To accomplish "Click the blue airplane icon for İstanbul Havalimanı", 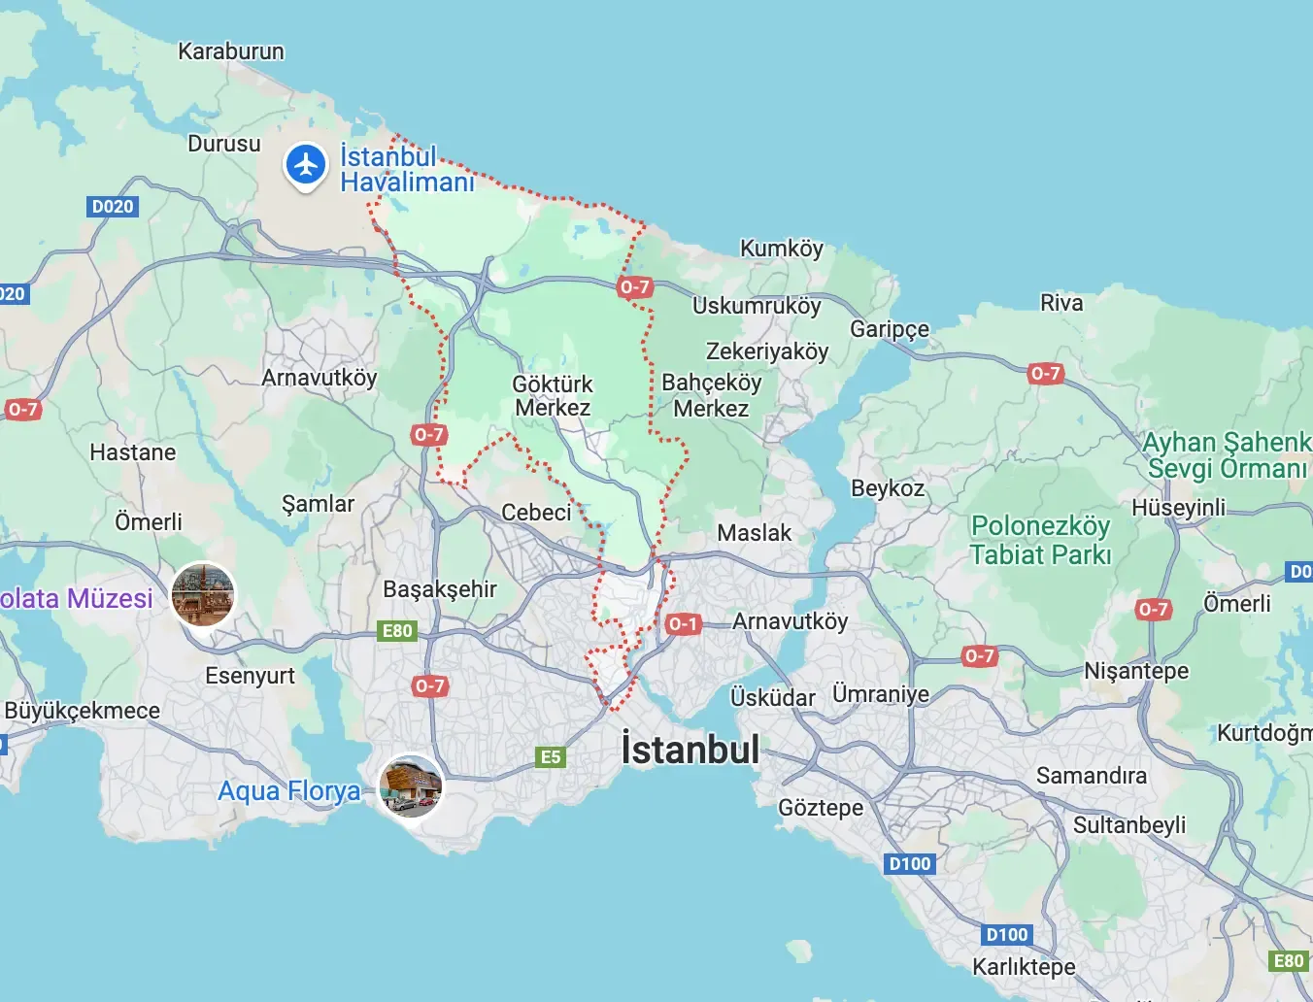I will (306, 165).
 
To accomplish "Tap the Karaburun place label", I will (231, 51).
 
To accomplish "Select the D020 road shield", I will (113, 206).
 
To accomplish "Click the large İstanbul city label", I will (690, 750).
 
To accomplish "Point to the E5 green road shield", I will (551, 756).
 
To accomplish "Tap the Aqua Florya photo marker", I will (411, 785).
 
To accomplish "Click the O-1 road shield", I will (683, 623).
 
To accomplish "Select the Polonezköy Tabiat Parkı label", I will (1040, 541).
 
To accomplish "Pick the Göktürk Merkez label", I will (553, 396).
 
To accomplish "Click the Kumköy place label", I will (782, 249).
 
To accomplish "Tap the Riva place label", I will (1061, 303).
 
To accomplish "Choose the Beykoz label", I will (888, 488).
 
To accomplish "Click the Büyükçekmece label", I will (83, 711).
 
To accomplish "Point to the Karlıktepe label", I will (1025, 967).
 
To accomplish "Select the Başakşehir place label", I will (440, 589).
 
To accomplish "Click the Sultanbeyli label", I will (1129, 825).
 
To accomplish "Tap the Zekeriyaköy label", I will (767, 351).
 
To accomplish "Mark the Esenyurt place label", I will (250, 676).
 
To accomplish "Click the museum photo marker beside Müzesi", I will (203, 594).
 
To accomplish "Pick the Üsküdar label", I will (773, 698).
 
